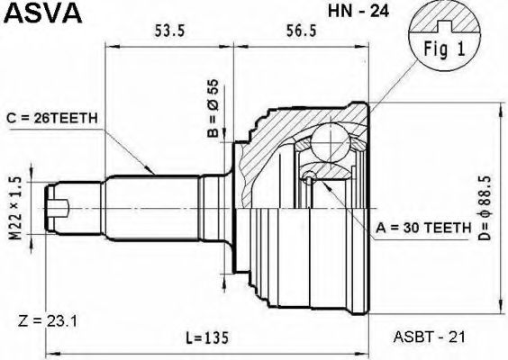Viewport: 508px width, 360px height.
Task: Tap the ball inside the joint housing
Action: tap(330, 141)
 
